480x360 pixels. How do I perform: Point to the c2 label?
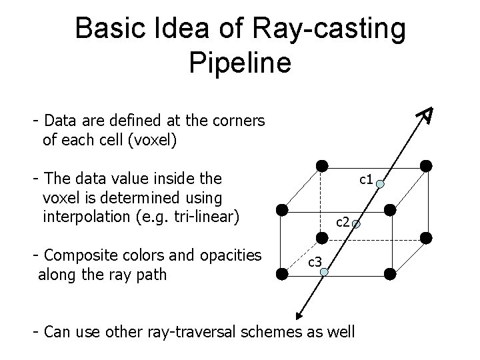coord(343,220)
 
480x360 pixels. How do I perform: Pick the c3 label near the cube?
coord(315,262)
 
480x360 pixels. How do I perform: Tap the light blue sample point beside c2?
coord(357,225)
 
